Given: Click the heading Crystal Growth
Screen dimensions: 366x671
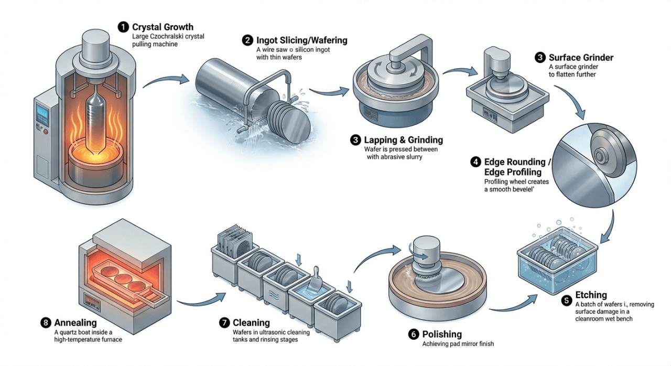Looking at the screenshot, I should point(163,27).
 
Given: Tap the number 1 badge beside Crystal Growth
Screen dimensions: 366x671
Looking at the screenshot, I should point(122,27).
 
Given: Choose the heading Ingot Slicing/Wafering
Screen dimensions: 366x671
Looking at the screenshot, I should point(301,40).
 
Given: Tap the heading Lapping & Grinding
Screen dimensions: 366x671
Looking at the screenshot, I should point(402,140).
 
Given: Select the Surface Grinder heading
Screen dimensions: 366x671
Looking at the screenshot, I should point(581,57).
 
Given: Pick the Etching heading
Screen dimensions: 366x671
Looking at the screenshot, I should point(591,295).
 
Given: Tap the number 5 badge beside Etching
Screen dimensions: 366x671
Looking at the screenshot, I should point(566,300).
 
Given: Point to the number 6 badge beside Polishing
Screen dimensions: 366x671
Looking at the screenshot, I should point(413,334).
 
